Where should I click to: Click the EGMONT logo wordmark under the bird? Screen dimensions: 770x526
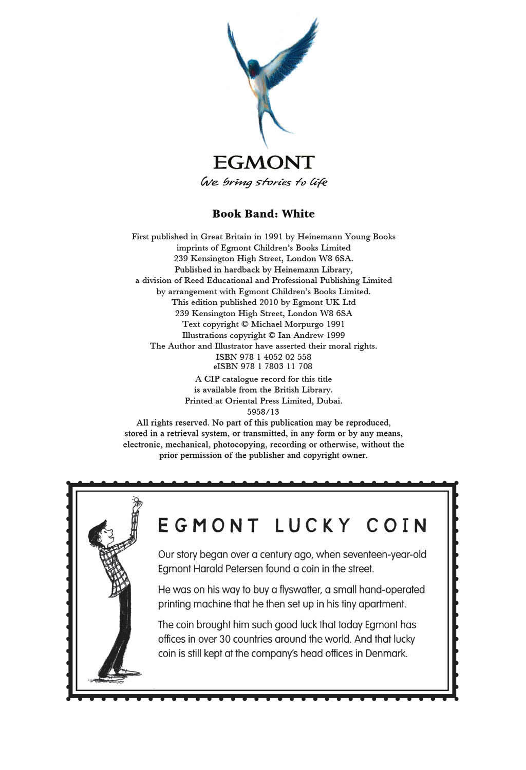[x=264, y=163]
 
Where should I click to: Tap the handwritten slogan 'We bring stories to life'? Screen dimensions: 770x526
[x=264, y=182]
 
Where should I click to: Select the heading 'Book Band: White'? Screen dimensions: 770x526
[x=264, y=214]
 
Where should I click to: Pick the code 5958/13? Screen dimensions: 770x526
[x=264, y=411]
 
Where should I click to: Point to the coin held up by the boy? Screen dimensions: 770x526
[x=136, y=501]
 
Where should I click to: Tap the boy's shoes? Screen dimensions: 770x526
[x=121, y=673]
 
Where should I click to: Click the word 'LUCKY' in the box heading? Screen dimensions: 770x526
[x=313, y=526]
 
